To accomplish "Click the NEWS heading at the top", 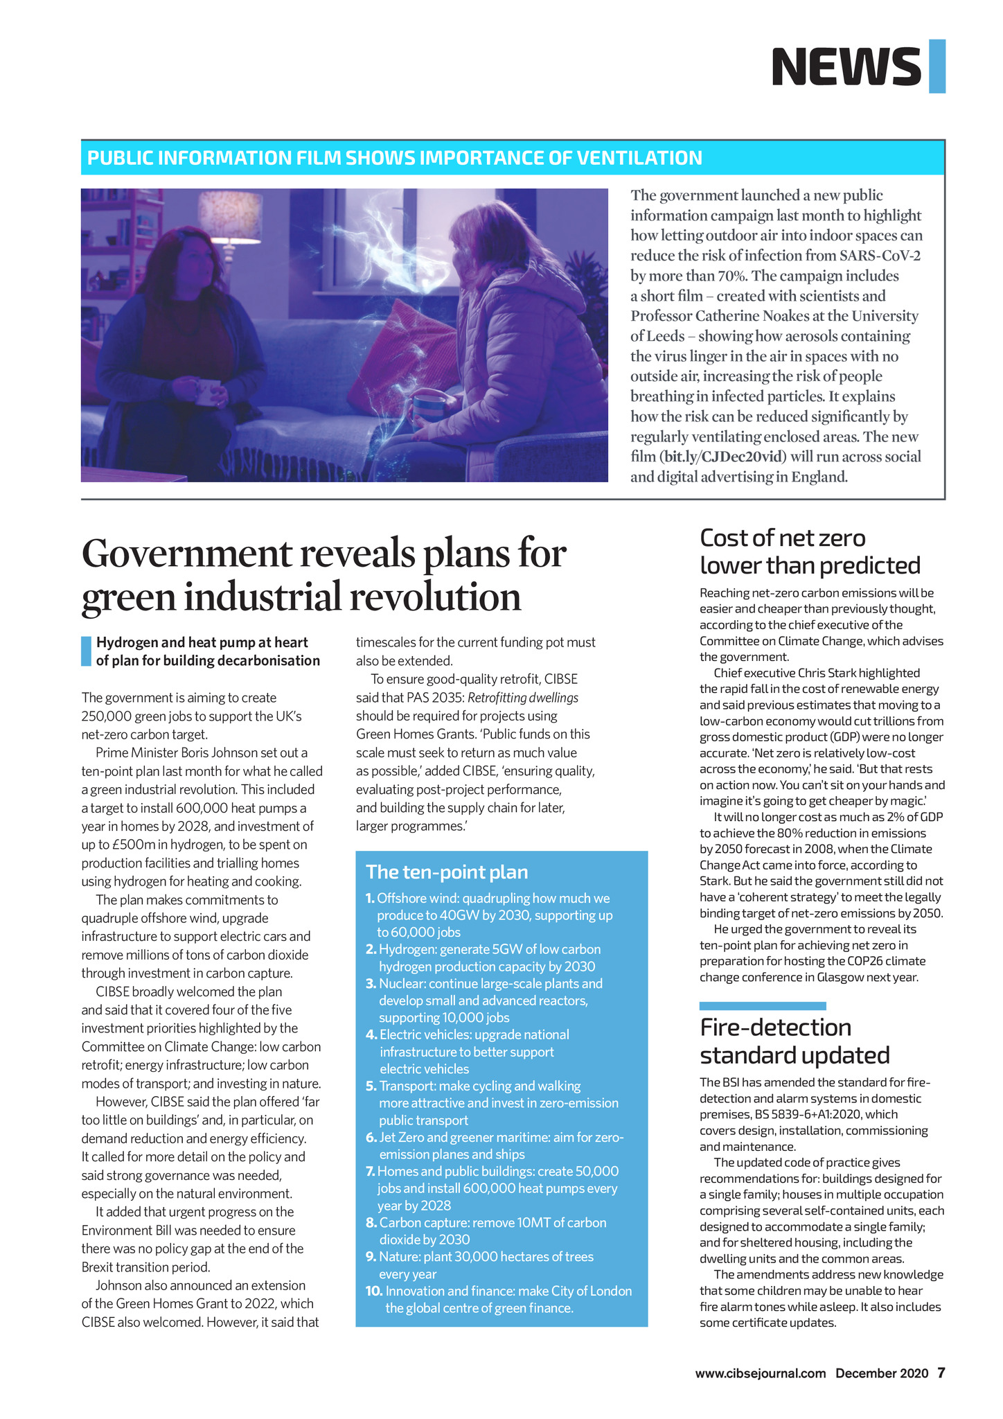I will [846, 67].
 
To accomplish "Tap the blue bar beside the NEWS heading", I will [937, 67].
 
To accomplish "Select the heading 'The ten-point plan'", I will [446, 872].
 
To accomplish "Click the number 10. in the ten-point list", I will [373, 1291].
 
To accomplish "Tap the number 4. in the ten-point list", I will [371, 1034].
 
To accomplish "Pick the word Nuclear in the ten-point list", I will [401, 983].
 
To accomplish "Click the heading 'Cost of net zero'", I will [783, 538].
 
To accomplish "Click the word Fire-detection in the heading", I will [775, 1027].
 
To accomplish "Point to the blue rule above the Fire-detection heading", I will [762, 1005].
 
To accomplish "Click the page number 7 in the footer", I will [941, 1373].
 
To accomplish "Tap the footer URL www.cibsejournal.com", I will [761, 1373].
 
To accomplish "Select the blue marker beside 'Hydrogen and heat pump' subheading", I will [86, 651].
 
